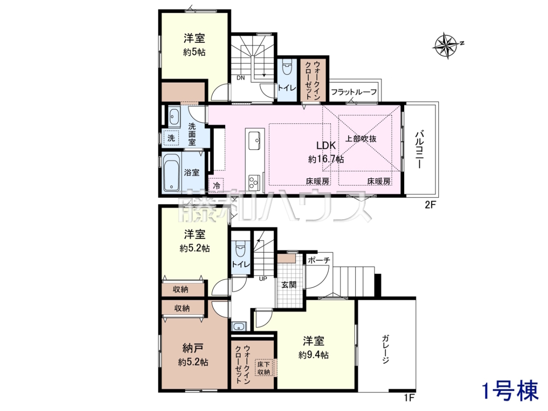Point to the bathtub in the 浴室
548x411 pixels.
172,173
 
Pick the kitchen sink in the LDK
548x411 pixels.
254,141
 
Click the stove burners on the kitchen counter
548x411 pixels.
254,183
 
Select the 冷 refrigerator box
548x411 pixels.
216,185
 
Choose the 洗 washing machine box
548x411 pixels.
171,138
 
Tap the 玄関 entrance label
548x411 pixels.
289,285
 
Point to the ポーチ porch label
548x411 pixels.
319,260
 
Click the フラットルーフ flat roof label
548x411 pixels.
354,92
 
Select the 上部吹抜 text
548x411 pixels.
361,139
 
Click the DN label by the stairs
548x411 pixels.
241,78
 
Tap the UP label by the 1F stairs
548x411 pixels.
263,279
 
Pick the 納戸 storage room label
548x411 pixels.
193,348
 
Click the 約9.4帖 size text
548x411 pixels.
313,355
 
